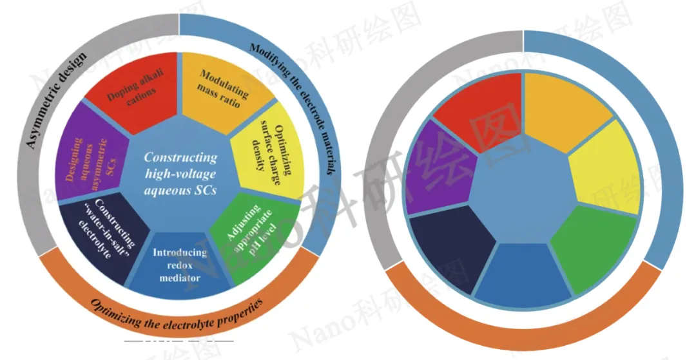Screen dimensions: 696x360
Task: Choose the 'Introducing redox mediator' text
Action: point(180,265)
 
